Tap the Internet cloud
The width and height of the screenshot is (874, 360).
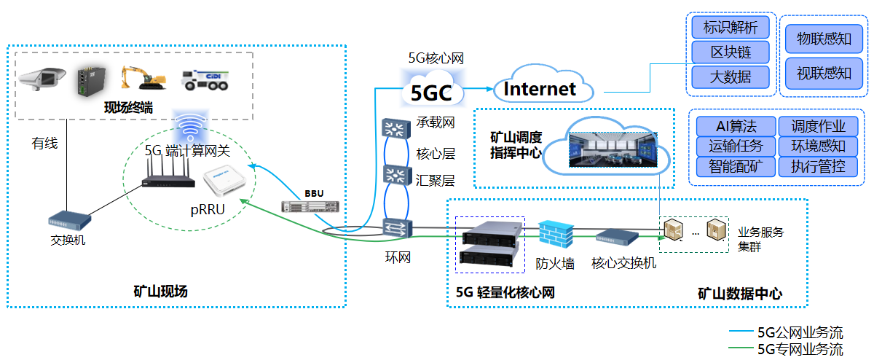pyautogui.click(x=540, y=88)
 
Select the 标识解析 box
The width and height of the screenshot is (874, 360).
pyautogui.click(x=730, y=28)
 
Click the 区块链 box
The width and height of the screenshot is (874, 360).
pyautogui.click(x=730, y=52)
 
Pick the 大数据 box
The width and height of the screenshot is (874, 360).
pyautogui.click(x=730, y=75)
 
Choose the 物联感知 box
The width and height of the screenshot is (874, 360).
pyautogui.click(x=824, y=39)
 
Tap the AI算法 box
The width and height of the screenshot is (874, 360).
pyautogui.click(x=735, y=126)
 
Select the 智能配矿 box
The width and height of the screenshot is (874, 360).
pyautogui.click(x=735, y=167)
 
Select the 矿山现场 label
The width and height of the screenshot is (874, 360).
pyautogui.click(x=161, y=291)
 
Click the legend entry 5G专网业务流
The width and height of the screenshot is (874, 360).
pyautogui.click(x=800, y=349)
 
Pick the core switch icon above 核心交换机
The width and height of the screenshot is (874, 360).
pyautogui.click(x=622, y=236)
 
